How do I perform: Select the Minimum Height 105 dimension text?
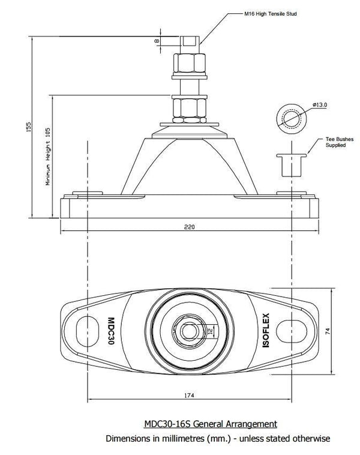tap(49, 158)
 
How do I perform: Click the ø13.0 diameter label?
tap(319, 105)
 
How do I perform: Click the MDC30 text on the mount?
tap(110, 330)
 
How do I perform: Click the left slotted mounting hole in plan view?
tap(87, 330)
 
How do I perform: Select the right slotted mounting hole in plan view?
tap(295, 330)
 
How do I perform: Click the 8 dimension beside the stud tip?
tap(157, 41)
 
